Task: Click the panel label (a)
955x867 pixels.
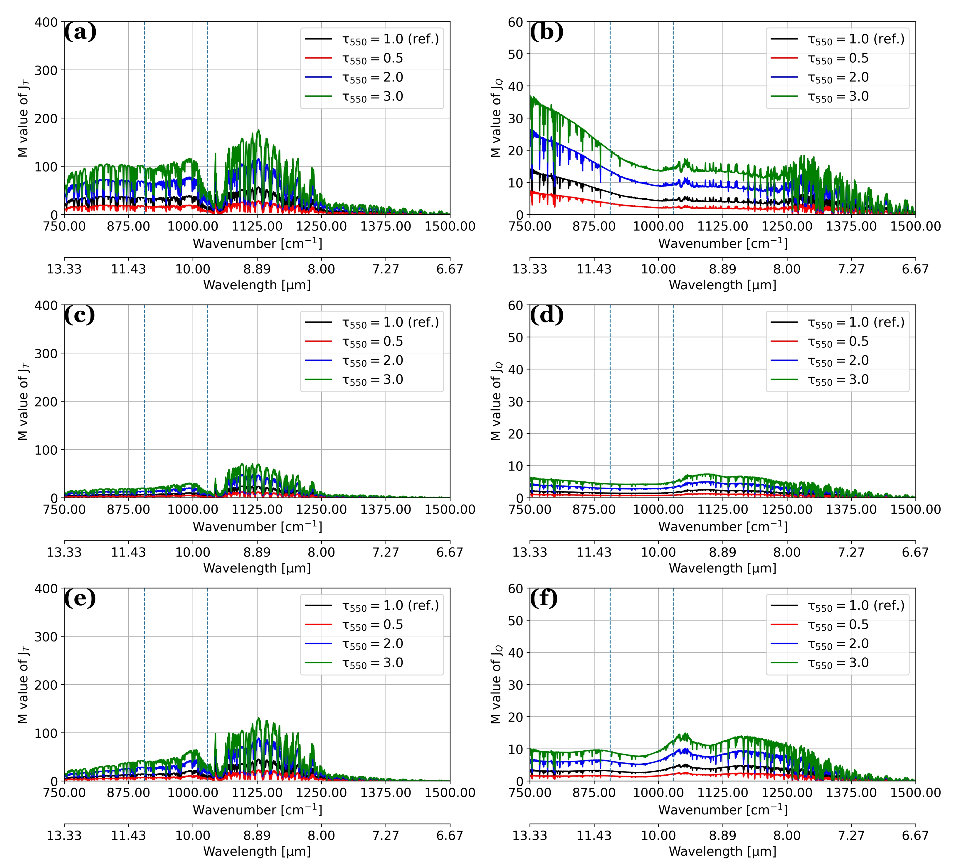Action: coord(80,32)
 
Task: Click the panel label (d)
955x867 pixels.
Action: coord(546,315)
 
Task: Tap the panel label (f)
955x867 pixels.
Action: coord(543,598)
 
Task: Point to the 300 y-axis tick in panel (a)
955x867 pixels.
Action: coord(46,70)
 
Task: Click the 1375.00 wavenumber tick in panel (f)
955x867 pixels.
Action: coord(851,793)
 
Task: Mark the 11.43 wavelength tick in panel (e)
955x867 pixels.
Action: coord(128,836)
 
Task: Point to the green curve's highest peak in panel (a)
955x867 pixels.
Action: coord(258,130)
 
